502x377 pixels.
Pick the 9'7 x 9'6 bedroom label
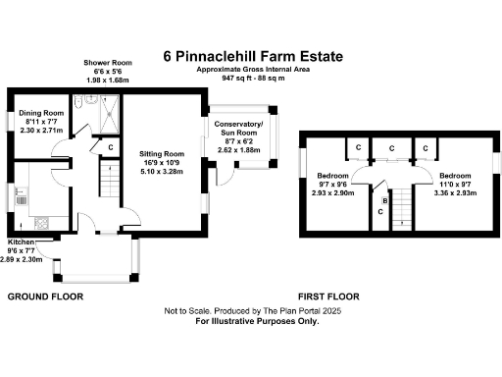coord(331,189)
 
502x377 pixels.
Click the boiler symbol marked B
coord(384,200)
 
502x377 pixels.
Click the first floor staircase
coord(401,208)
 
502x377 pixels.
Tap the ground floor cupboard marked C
coord(110,148)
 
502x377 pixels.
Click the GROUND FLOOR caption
coord(45,296)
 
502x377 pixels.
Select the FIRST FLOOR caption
coord(328,296)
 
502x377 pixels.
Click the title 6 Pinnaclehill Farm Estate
coord(259,57)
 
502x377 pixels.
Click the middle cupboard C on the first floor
coord(392,149)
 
